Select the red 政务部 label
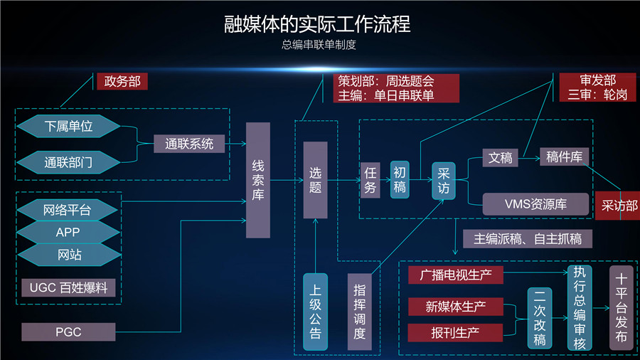coord(122,81)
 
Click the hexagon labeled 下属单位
coord(68,127)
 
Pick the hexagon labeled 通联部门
coord(68,162)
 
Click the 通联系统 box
coord(189,144)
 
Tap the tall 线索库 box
coord(258,180)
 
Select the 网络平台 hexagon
coord(68,209)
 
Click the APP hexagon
coord(68,232)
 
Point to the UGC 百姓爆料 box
coord(68,287)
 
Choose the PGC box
coord(68,332)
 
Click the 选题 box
coord(315,180)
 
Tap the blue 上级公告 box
coord(315,312)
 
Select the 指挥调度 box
coord(359,312)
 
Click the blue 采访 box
coord(444,181)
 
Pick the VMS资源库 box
coord(535,204)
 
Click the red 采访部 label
coord(616,206)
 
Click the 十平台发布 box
coord(621,307)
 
